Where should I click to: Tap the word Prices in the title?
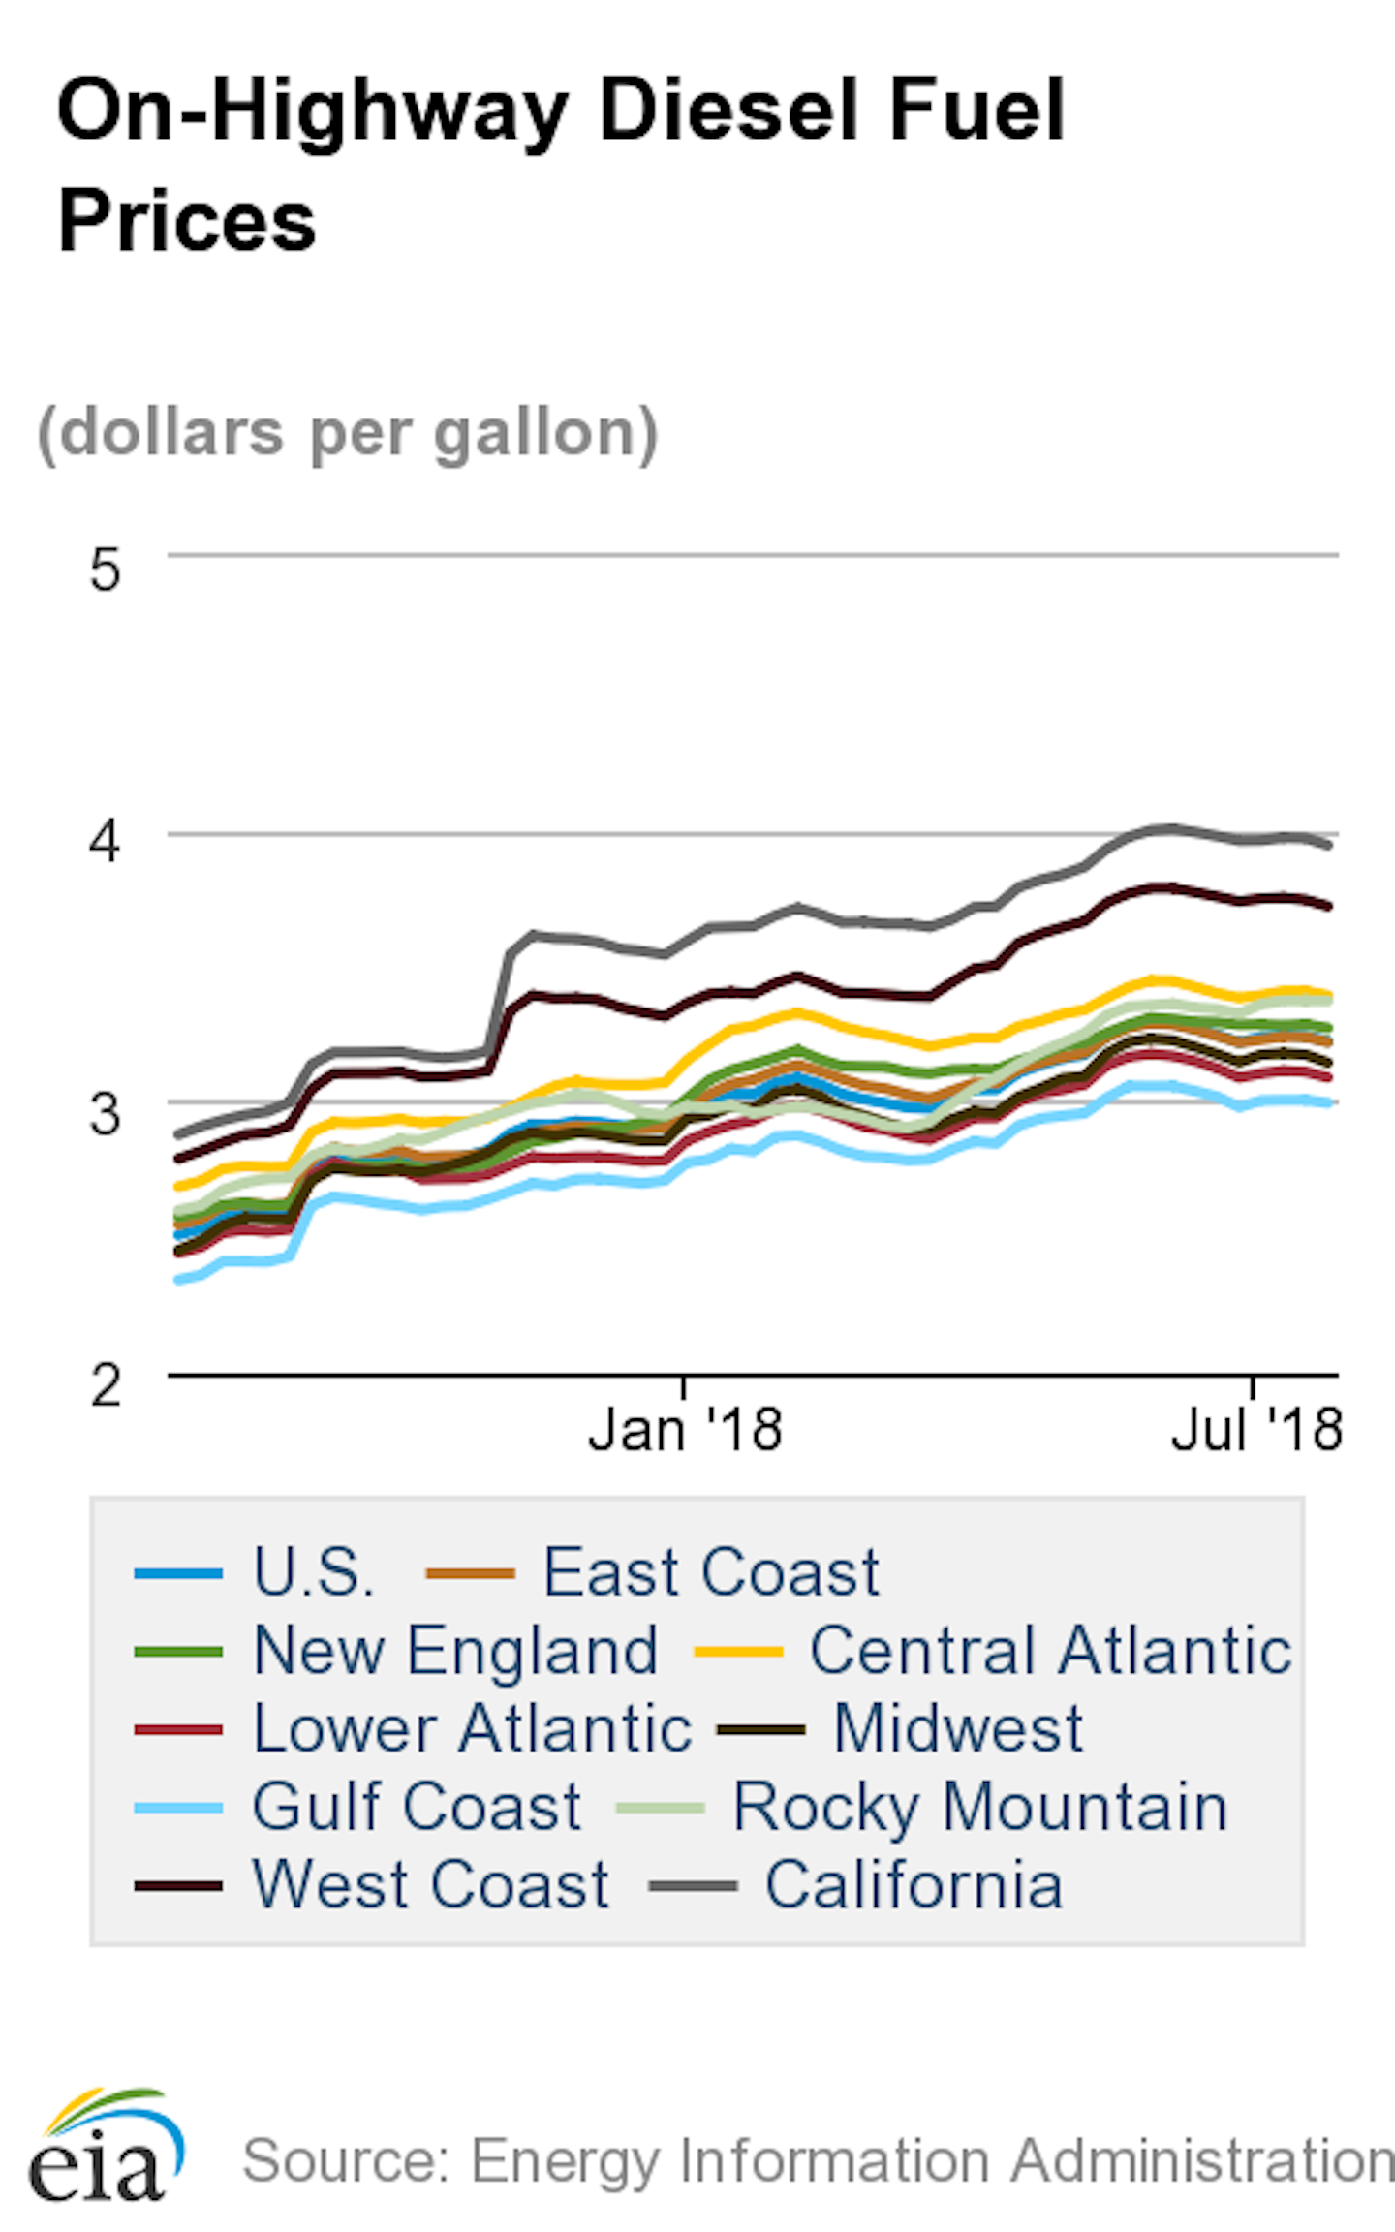(187, 221)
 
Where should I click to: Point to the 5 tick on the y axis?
(105, 570)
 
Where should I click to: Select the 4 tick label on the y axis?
(105, 840)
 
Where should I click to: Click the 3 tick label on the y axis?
(105, 1113)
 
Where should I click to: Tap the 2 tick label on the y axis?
(105, 1384)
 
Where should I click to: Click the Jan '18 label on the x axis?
(685, 1429)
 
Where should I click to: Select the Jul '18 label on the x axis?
(1255, 1429)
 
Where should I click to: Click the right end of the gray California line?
(1328, 845)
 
